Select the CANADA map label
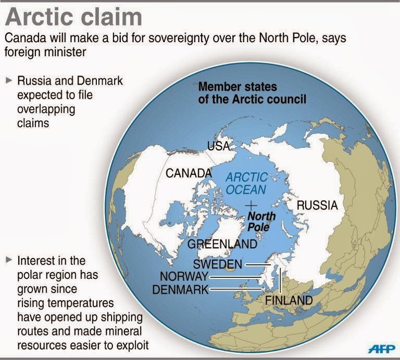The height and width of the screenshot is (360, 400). coord(189,173)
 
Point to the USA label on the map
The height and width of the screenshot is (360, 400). coord(218,146)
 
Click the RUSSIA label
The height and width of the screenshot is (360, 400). coord(317,205)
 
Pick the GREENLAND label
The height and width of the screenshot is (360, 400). coord(222,244)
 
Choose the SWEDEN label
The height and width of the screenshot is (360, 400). coord(217,264)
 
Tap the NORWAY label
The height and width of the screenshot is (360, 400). coord(184,276)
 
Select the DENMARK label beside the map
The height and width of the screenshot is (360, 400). coord(180,289)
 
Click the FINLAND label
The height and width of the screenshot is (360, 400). coord(289,300)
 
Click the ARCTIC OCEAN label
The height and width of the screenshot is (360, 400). coord(246,184)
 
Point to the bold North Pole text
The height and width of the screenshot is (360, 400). coord(261,221)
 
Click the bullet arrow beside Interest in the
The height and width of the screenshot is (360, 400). coord(9,260)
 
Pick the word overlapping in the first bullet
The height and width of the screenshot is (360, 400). coord(47,110)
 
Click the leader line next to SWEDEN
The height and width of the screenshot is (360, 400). coord(255,264)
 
